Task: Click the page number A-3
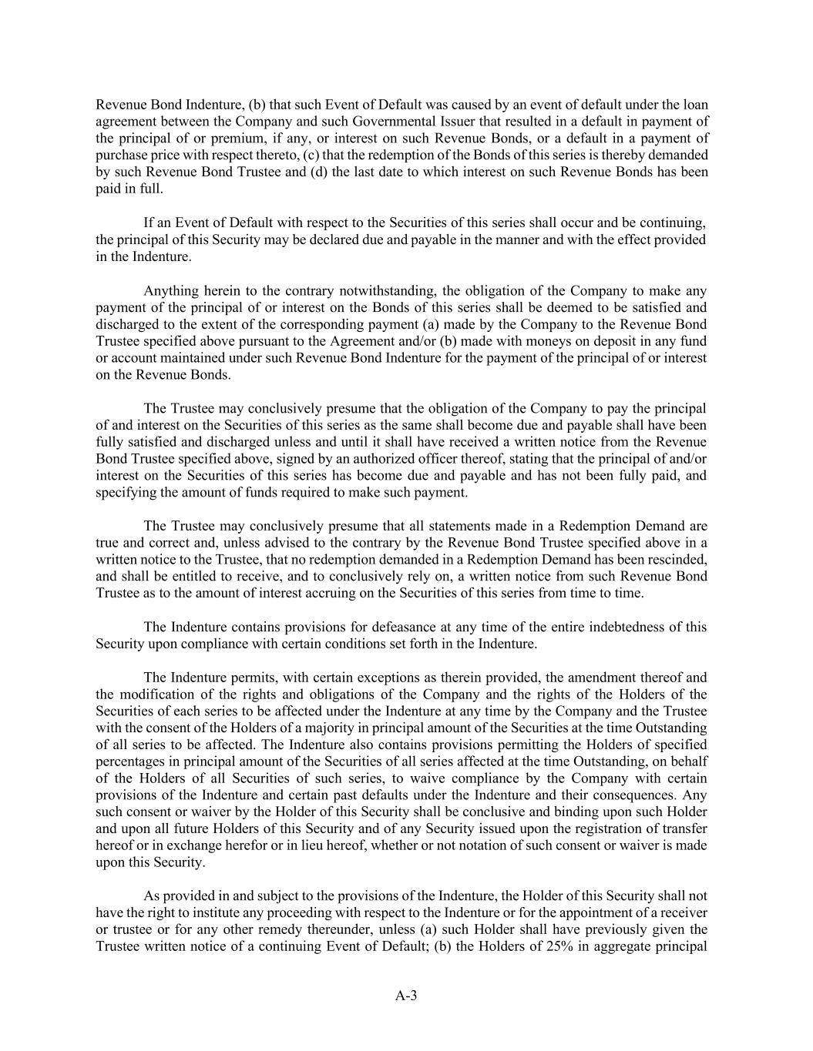[406, 996]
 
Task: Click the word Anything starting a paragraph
[170, 291]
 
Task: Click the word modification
[150, 695]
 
